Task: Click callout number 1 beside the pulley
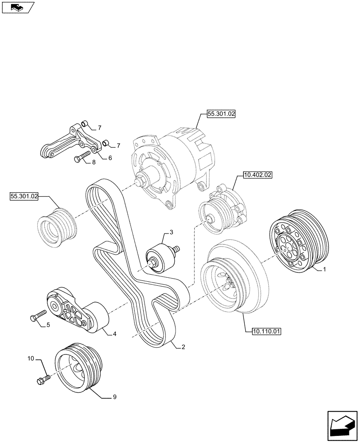click(x=325, y=269)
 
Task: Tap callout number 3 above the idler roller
click(x=171, y=232)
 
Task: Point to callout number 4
click(x=114, y=334)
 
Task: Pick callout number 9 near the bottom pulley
click(x=115, y=397)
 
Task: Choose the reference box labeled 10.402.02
click(x=257, y=175)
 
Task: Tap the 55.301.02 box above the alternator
click(x=221, y=114)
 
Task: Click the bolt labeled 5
click(x=38, y=316)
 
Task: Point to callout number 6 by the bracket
click(x=110, y=158)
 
